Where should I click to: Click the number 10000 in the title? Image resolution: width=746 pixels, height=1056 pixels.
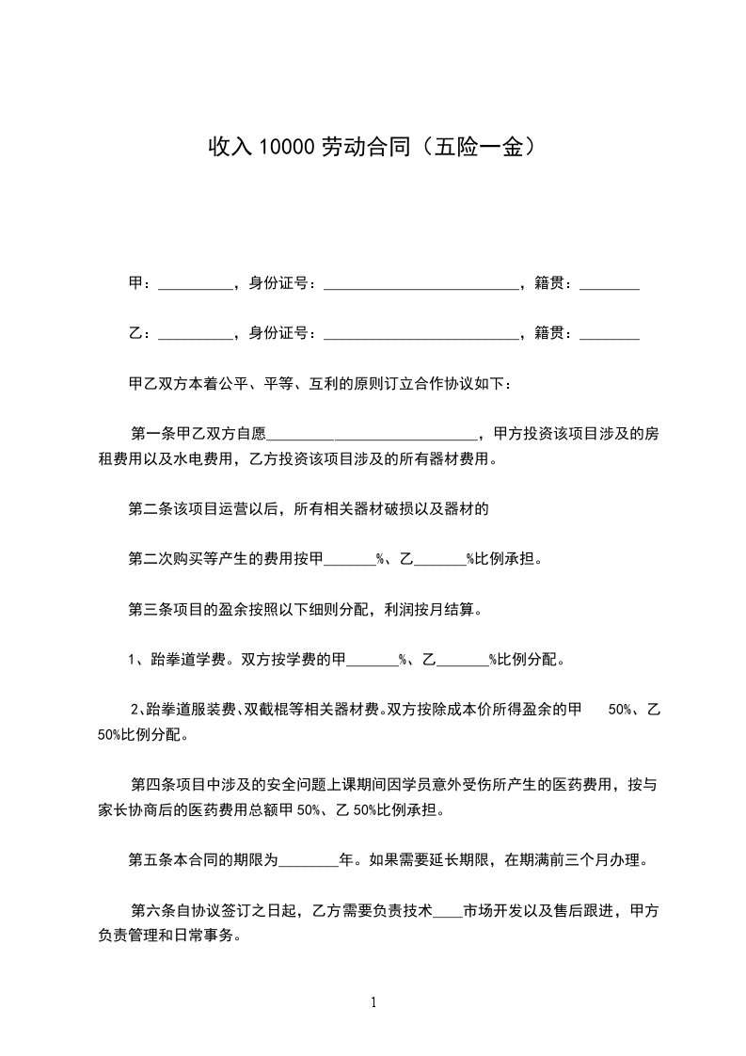[x=286, y=148]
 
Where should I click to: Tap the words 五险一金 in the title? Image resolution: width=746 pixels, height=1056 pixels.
[x=482, y=148]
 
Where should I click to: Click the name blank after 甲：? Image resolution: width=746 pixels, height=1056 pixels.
[x=196, y=283]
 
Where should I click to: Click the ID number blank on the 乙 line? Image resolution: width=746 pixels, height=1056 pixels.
[x=421, y=333]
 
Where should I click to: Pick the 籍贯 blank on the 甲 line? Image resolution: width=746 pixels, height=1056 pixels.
[x=610, y=283]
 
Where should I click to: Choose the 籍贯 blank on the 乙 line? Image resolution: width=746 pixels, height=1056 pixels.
[x=610, y=333]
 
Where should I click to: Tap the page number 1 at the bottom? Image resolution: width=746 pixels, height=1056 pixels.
[x=373, y=1002]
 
